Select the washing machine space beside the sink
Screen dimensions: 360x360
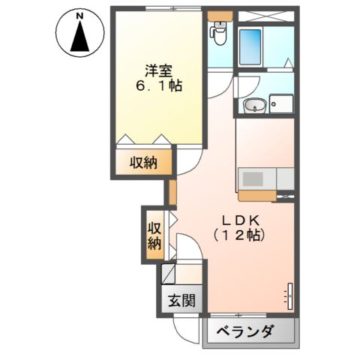(282, 103)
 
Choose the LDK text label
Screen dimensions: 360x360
(239, 221)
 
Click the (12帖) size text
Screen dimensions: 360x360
(239, 235)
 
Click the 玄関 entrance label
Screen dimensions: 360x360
(181, 301)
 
